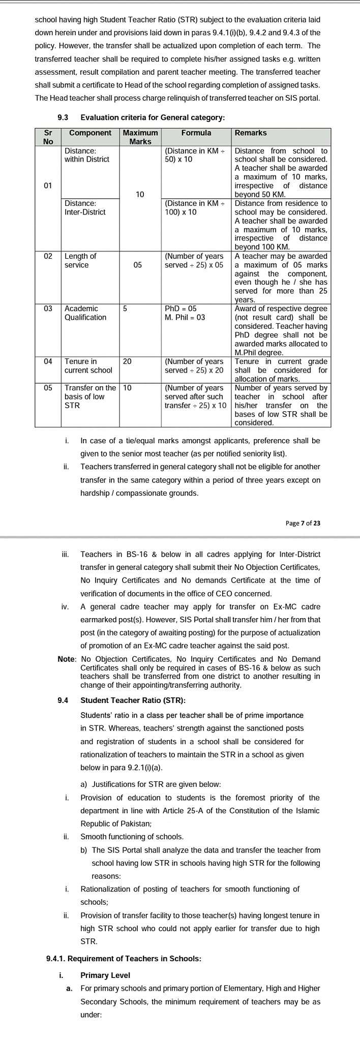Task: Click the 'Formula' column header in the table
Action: pyautogui.click(x=196, y=133)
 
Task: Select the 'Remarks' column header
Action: pyautogui.click(x=251, y=133)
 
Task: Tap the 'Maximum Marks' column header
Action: pyautogui.click(x=140, y=137)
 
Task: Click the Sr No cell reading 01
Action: pyautogui.click(x=48, y=186)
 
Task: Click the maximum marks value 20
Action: pyautogui.click(x=127, y=361)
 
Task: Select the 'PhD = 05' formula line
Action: pyautogui.click(x=181, y=309)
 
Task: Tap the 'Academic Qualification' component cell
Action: pyautogui.click(x=85, y=313)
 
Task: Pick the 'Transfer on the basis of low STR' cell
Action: pyautogui.click(x=90, y=396)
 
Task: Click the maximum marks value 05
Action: pyautogui.click(x=137, y=265)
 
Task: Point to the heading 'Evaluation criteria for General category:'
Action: pyautogui.click(x=153, y=117)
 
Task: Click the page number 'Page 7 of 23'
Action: pyautogui.click(x=303, y=523)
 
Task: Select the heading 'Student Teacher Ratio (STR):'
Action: pyautogui.click(x=133, y=700)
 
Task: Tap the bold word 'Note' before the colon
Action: pyautogui.click(x=66, y=659)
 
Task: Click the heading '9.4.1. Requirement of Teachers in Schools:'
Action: pyautogui.click(x=124, y=959)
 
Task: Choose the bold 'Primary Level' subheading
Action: pyautogui.click(x=105, y=975)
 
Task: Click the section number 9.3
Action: pyautogui.click(x=63, y=117)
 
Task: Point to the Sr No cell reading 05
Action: pyautogui.click(x=48, y=388)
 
